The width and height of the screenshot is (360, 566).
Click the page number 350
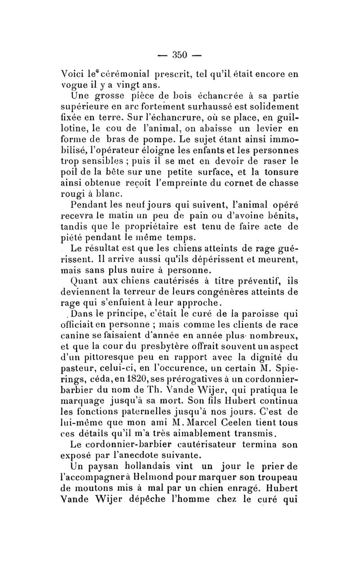(180, 55)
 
